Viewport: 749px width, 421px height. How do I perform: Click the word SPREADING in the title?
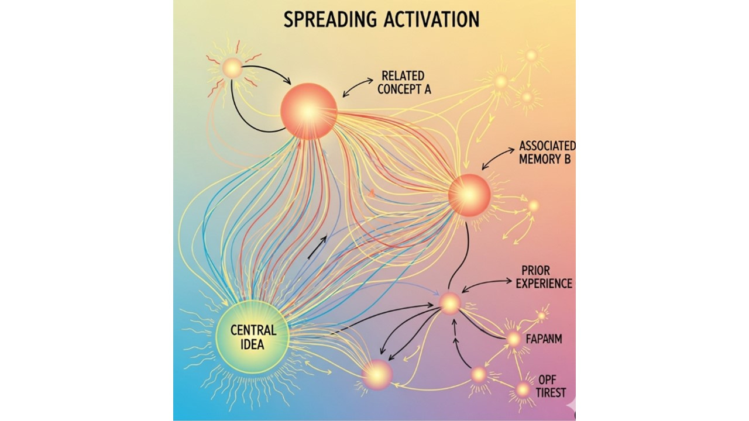tap(329, 19)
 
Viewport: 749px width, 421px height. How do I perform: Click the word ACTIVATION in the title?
tap(431, 19)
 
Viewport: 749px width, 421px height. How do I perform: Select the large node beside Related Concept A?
tap(309, 111)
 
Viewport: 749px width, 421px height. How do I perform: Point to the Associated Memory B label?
tap(547, 151)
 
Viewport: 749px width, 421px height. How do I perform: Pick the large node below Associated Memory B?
tap(469, 195)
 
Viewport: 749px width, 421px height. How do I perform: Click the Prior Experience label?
tap(546, 277)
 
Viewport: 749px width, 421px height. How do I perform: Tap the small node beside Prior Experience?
tap(450, 303)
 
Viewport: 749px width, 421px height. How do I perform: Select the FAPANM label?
tap(544, 338)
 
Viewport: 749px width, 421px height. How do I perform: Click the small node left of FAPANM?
tap(514, 339)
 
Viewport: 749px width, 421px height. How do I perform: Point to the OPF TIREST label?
tap(551, 386)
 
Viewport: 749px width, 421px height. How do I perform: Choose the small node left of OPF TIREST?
tap(523, 389)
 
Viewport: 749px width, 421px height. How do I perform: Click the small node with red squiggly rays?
tap(232, 68)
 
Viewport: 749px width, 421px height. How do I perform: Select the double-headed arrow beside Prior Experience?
tap(486, 284)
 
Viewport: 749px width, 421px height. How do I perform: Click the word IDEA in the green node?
tap(253, 344)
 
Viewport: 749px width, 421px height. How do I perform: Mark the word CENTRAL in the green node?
tap(253, 330)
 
